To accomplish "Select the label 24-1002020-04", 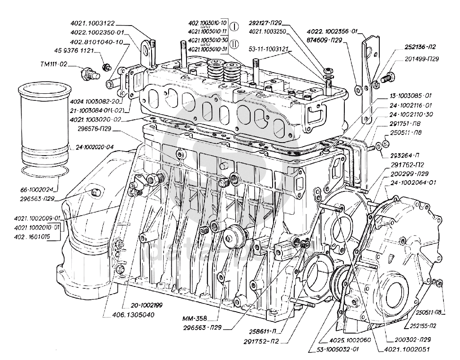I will pos(95,147).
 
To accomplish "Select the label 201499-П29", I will pos(421,59).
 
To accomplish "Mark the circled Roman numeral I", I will pos(235,26).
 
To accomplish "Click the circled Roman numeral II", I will pos(235,44).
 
